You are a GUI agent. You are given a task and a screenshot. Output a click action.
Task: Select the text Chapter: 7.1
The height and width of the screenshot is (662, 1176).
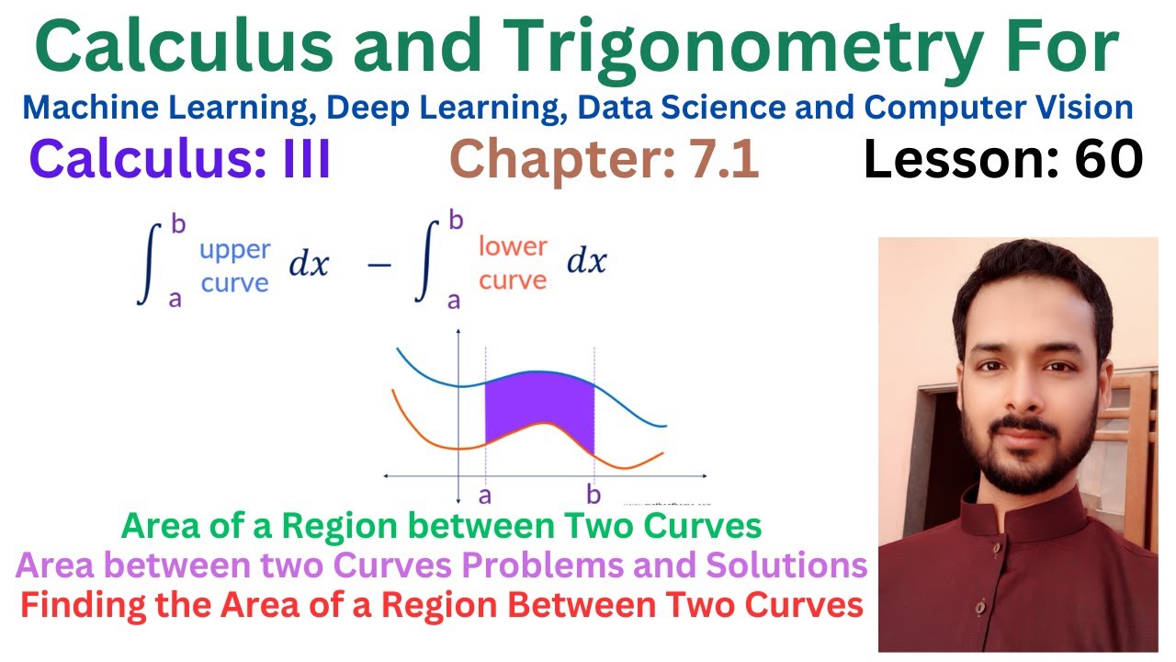coord(605,161)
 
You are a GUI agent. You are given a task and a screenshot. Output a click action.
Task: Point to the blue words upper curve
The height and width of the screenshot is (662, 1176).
coord(235,266)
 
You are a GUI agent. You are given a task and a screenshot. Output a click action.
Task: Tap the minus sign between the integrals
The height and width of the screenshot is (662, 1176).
coord(378,264)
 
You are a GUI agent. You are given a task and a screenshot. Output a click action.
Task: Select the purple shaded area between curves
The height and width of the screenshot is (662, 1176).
coord(538,409)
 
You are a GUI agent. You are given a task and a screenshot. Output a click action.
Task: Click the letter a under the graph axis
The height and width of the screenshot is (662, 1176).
coord(484,496)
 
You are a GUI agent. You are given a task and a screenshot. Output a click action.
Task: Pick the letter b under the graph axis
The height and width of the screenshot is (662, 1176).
coord(594,496)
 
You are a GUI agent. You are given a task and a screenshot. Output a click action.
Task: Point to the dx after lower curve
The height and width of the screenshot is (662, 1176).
coord(586,262)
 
